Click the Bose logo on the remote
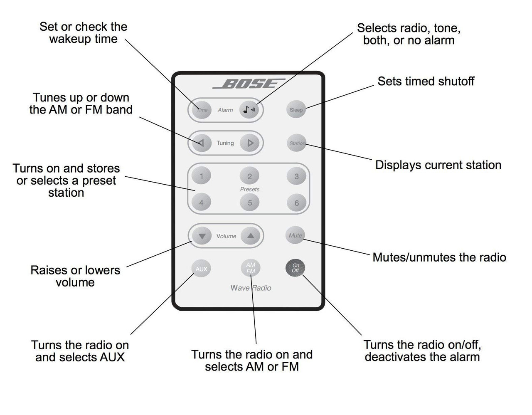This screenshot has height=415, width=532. click(249, 84)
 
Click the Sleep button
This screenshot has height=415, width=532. click(296, 110)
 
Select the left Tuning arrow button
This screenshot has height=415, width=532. click(201, 143)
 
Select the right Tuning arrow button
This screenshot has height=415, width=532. click(250, 143)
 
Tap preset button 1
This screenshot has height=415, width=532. click(202, 176)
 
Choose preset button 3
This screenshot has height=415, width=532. click(296, 176)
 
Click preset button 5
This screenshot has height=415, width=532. click(250, 203)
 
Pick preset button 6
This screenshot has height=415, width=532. click(296, 203)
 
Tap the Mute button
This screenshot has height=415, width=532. click(296, 235)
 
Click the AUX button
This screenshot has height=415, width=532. click(201, 269)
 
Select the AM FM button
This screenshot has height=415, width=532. click(251, 268)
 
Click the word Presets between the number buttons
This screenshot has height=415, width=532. click(250, 189)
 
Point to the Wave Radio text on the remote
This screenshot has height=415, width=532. click(251, 288)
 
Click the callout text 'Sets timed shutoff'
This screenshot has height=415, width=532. click(426, 81)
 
